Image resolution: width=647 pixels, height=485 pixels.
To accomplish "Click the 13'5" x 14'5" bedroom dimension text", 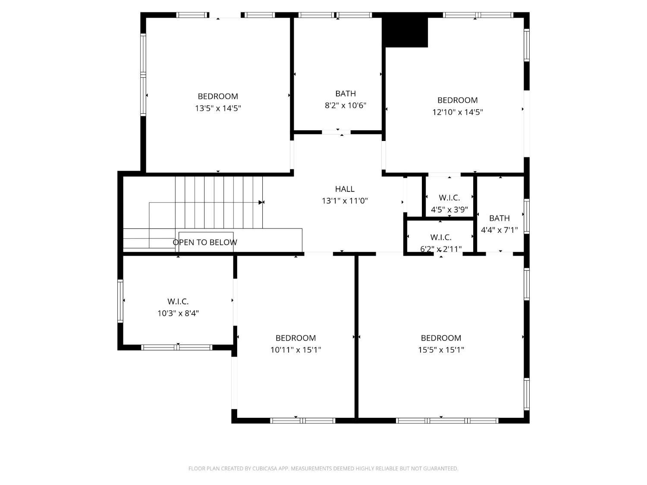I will (217, 108).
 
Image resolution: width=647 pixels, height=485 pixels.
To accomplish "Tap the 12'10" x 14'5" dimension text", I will (457, 112).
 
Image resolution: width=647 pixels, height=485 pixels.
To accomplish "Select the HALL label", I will (345, 189).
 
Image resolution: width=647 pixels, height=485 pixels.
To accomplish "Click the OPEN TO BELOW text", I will (205, 242).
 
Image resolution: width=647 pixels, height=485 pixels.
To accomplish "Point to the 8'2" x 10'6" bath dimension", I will (345, 105).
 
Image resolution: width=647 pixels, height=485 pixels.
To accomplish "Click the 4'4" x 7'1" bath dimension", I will (499, 230).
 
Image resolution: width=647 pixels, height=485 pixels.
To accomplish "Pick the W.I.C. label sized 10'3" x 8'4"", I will (178, 301).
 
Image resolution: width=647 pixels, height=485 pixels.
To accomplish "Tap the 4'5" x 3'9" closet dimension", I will (449, 210).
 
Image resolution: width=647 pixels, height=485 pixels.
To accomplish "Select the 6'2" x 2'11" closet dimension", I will (441, 249).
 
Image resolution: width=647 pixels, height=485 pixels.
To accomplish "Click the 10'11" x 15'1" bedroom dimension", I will (295, 350).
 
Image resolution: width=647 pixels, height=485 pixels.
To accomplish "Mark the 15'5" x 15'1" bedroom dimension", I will (441, 350).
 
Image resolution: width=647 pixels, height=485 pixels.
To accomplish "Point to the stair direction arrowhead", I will (261, 202).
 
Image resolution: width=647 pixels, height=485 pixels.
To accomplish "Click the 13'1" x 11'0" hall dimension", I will (345, 201).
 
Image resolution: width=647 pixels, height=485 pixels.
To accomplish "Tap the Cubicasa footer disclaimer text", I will (323, 469).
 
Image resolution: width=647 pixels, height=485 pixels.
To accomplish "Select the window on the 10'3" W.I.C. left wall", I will (120, 301).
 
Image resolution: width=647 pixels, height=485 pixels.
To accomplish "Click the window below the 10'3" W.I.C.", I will (177, 347).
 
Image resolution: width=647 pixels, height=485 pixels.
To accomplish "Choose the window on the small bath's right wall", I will (526, 216).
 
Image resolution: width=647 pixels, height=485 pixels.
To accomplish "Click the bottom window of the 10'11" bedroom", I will (302, 421).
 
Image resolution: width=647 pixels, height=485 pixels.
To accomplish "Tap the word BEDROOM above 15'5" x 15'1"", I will (441, 338).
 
